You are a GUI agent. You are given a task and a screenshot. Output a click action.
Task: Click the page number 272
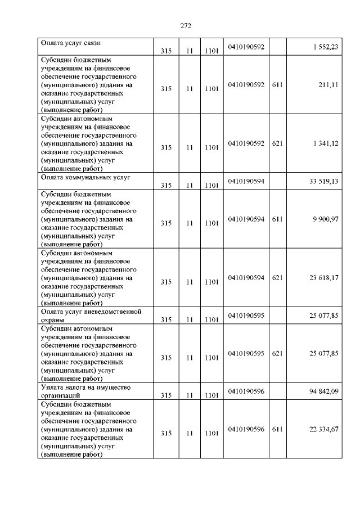(x=186, y=26)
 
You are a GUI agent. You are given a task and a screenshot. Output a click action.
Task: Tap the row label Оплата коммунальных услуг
(x=85, y=177)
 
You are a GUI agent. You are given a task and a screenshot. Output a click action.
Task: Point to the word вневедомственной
(x=115, y=312)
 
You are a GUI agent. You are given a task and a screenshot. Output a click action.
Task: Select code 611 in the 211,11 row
(x=277, y=84)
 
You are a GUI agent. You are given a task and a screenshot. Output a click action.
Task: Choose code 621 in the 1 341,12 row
(x=277, y=143)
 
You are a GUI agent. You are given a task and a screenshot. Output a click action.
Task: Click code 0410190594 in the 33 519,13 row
(x=246, y=181)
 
